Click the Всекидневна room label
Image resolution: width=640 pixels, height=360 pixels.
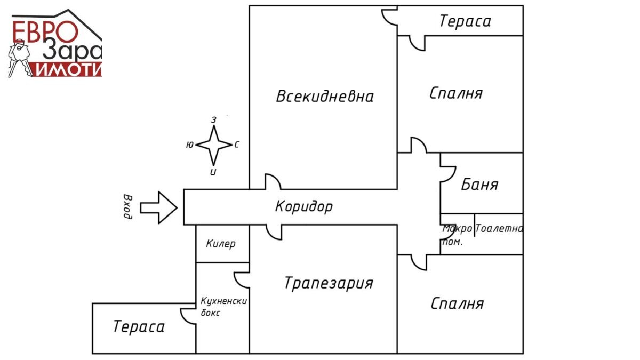[325, 97]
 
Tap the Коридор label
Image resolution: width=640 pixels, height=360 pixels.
[304, 206]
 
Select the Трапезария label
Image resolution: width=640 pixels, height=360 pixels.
[329, 283]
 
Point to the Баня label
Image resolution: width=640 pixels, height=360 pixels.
[479, 185]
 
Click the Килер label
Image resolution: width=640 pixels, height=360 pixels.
[221, 244]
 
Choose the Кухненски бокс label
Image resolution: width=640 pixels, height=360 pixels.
[223, 307]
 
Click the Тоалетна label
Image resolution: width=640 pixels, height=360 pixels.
[499, 229]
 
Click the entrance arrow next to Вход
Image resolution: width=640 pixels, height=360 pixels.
[158, 207]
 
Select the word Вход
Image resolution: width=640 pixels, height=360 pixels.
[128, 206]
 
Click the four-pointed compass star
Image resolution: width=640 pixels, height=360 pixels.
[214, 145]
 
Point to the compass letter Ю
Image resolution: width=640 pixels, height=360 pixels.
[190, 145]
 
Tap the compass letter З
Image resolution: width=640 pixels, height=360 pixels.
[214, 120]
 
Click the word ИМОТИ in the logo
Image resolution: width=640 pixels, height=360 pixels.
[69, 69]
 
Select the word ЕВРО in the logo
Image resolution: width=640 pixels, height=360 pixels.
[45, 31]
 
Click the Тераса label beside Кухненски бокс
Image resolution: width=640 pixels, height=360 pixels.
[139, 326]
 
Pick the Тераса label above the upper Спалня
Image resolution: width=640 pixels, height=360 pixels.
[466, 21]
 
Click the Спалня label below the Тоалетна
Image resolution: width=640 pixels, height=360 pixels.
[457, 303]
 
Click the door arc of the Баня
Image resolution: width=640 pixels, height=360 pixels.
[448, 174]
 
